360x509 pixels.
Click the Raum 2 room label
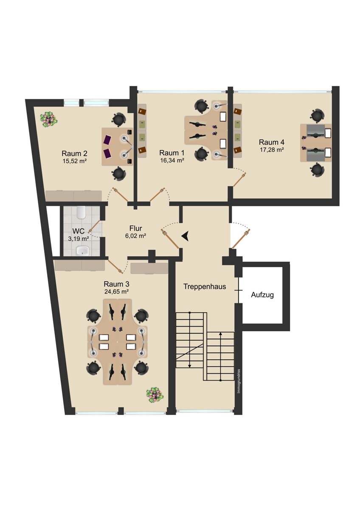coord(74,154)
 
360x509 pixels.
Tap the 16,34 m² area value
coord(172,160)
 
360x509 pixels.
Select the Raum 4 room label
coord(272,142)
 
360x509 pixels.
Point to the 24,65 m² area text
coord(117,291)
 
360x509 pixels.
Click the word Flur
coord(136,228)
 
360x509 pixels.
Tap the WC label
coord(79,231)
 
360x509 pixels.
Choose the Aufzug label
coord(262,295)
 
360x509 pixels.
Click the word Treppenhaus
coord(205,287)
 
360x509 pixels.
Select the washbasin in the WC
coord(82,251)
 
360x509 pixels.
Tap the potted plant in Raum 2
coord(49,119)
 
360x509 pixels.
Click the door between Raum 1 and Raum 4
coord(239,179)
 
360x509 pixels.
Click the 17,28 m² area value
coord(272,150)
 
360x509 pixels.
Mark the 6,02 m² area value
coord(135,236)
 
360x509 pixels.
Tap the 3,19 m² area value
coord(79,238)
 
